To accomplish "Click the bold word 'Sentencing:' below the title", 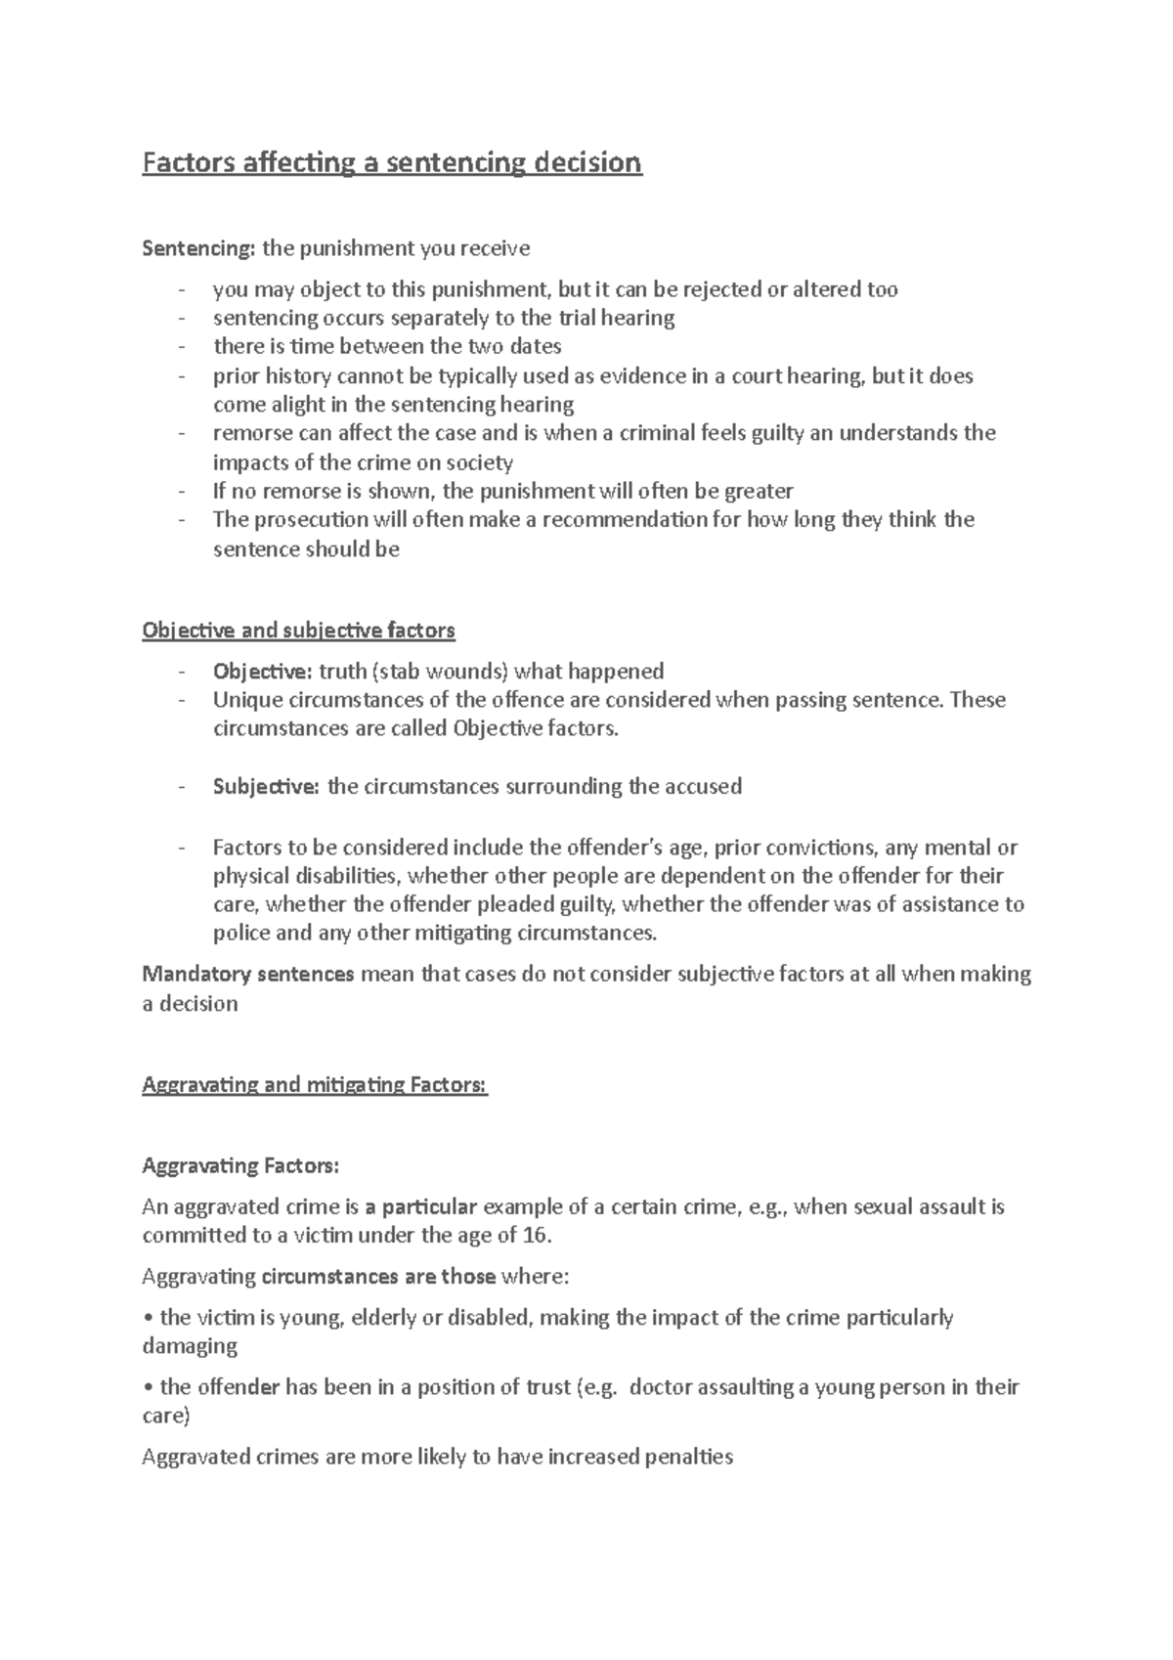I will (198, 248).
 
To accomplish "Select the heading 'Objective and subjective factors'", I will (298, 631).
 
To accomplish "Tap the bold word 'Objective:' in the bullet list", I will (262, 672).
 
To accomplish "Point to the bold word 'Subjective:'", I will (266, 787).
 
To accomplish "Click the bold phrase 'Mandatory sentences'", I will (248, 975).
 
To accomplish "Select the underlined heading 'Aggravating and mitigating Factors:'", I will (315, 1084).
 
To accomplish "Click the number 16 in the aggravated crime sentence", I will (536, 1235).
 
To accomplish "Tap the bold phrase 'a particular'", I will (421, 1206).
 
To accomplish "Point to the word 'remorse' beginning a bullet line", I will (249, 433).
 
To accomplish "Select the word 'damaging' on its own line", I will (190, 1346).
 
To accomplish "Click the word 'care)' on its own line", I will (166, 1416).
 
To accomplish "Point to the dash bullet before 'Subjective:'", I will (181, 787).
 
